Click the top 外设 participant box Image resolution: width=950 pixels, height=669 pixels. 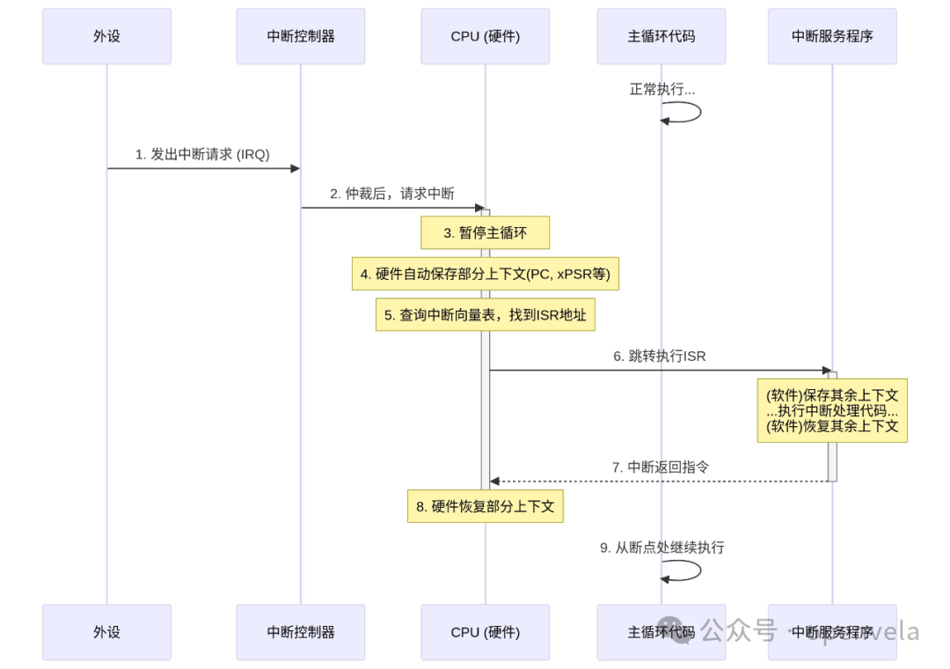pyautogui.click(x=106, y=36)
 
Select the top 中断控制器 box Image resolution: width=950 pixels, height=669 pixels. pyautogui.click(x=300, y=36)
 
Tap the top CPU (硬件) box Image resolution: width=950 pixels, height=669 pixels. pyautogui.click(x=485, y=36)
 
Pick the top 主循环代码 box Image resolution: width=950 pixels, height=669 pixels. pyautogui.click(x=661, y=36)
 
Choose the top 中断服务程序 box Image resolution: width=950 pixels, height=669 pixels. pyautogui.click(x=832, y=36)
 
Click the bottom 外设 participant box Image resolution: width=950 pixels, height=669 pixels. pyautogui.click(x=106, y=632)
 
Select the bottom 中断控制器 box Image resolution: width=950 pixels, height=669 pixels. pyautogui.click(x=300, y=632)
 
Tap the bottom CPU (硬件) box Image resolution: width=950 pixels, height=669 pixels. pyautogui.click(x=485, y=632)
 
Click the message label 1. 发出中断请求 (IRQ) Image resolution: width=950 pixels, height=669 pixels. pyautogui.click(x=202, y=154)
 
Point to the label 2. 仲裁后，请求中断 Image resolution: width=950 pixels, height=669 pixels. pyautogui.click(x=392, y=194)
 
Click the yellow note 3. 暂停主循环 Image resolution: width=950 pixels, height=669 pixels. pyautogui.click(x=485, y=233)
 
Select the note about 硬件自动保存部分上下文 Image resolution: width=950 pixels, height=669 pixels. pyautogui.click(x=485, y=274)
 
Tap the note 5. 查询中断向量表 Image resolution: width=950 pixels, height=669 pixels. pyautogui.click(x=485, y=314)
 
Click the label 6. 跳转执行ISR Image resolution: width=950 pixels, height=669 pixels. pyautogui.click(x=660, y=357)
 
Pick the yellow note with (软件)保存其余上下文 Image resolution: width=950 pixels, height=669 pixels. pyautogui.click(x=832, y=410)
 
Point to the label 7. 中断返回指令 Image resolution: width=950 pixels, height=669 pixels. pyautogui.click(x=660, y=467)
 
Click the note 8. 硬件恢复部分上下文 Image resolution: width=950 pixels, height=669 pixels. pyautogui.click(x=485, y=506)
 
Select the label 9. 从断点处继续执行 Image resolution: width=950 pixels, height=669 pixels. pyautogui.click(x=661, y=548)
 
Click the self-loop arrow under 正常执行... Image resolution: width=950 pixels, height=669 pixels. pyautogui.click(x=683, y=112)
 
